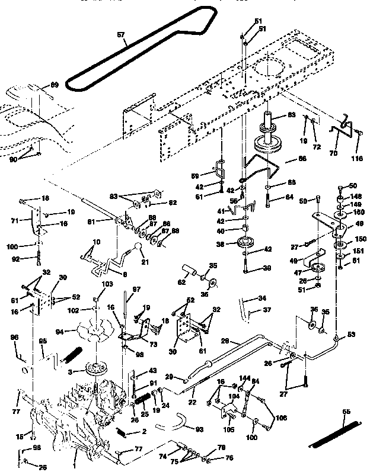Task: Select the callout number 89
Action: click(x=54, y=85)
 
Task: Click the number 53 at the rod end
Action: click(x=351, y=335)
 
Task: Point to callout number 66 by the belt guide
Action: click(x=301, y=159)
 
